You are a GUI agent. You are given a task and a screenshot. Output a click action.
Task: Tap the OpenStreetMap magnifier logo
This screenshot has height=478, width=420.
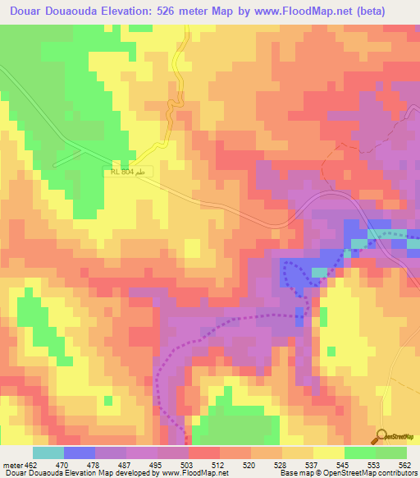382,436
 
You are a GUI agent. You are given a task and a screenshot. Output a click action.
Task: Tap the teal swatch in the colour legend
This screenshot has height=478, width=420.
48,453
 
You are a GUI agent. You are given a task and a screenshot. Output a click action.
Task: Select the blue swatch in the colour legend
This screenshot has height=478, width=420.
79,453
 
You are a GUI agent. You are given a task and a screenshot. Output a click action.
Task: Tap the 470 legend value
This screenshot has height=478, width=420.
65,466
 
